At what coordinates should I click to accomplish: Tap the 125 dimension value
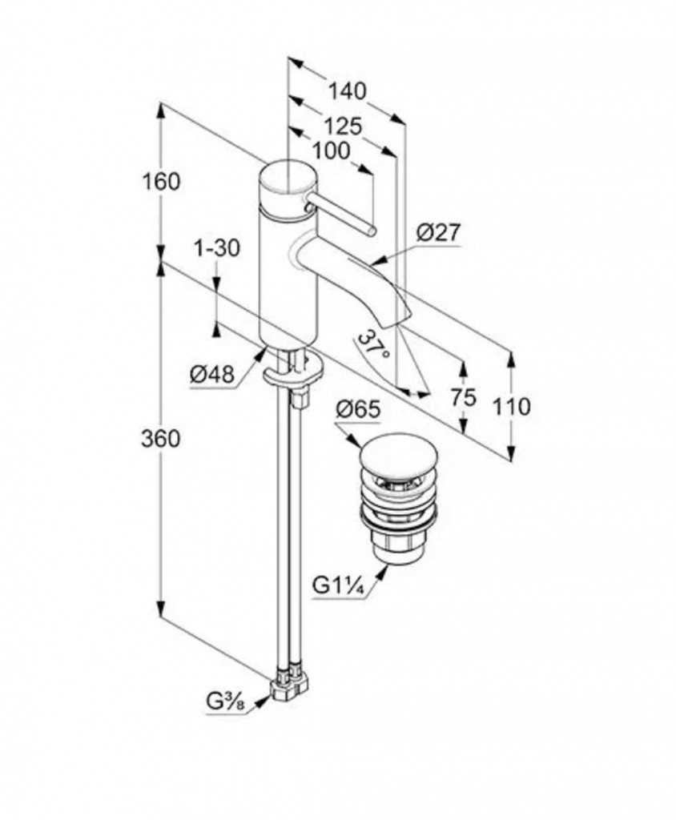tap(344, 126)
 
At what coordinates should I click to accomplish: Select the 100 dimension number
tap(331, 150)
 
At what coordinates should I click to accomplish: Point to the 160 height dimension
tap(163, 182)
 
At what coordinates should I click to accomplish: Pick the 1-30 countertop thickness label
tap(217, 248)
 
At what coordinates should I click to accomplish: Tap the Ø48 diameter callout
tap(211, 373)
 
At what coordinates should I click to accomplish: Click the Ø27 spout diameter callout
tap(439, 234)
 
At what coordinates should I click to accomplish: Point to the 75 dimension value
tap(464, 396)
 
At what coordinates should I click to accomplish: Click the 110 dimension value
tap(512, 407)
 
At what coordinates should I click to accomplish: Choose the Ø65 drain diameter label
tap(357, 409)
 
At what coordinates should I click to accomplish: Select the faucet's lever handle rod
tap(344, 214)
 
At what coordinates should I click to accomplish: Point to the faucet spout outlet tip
tap(398, 316)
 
